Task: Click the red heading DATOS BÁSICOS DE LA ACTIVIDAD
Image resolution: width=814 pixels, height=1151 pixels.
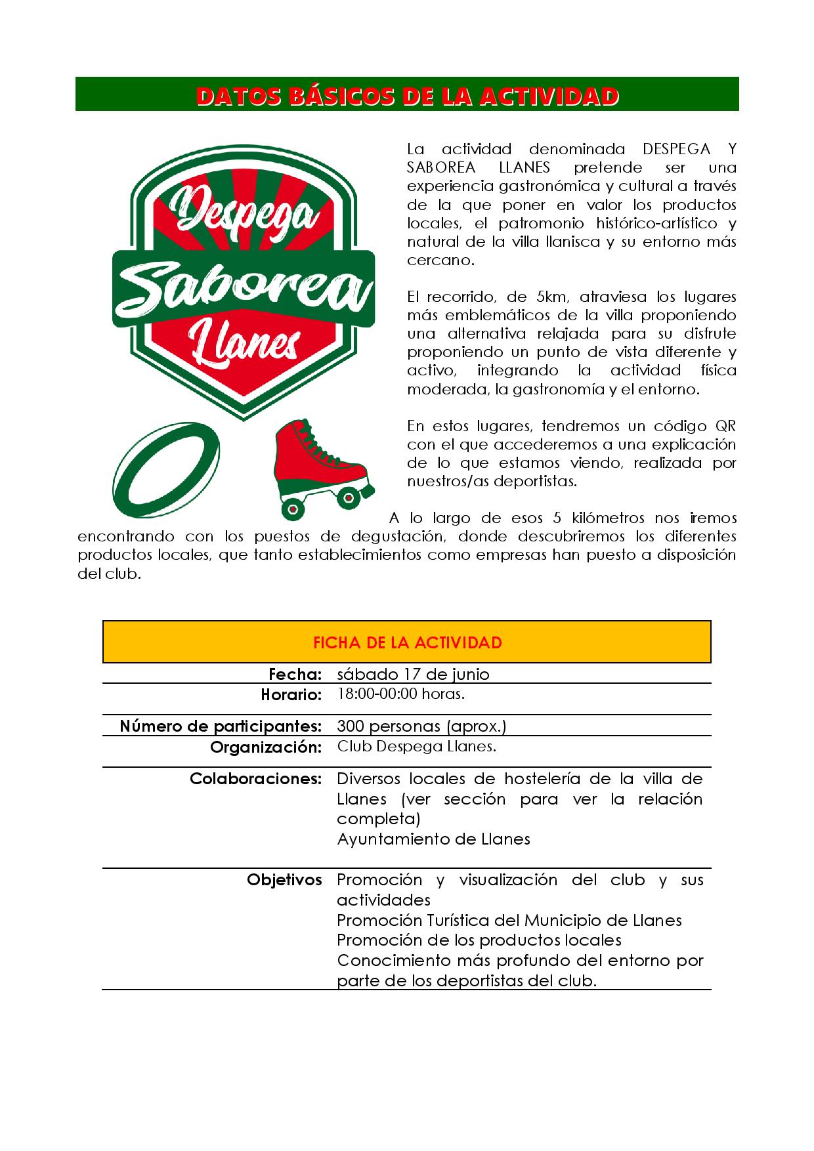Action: point(407,96)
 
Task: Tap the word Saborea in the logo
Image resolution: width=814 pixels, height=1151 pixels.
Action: point(244,289)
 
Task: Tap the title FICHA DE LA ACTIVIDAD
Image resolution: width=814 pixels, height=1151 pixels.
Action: point(407,642)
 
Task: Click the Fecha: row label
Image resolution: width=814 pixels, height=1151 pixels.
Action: point(295,674)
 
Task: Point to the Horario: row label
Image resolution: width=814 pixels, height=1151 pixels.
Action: point(291,694)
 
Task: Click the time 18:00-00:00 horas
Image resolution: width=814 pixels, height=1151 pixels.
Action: point(400,694)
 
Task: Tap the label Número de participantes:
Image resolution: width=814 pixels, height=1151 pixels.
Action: point(221,726)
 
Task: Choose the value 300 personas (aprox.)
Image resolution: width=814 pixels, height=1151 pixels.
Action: point(421,726)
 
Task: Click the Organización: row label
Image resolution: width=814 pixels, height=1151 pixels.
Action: point(266,747)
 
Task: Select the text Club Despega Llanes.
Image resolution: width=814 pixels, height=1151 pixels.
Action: point(416,746)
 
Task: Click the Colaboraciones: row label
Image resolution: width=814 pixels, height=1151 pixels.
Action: point(255,779)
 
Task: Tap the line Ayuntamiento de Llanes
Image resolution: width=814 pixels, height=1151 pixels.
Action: point(433,839)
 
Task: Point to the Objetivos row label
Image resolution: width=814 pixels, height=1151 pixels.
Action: point(284,880)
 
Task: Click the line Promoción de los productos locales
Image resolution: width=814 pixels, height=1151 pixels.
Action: point(479,940)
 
